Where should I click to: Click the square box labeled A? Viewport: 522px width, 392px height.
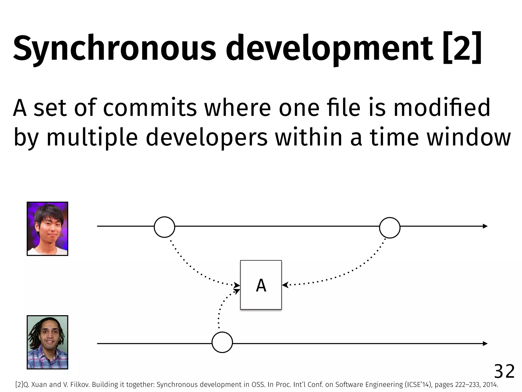tap(261, 285)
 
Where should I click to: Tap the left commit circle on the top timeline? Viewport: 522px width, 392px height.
tap(164, 227)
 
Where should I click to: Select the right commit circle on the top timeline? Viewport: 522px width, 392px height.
tap(389, 228)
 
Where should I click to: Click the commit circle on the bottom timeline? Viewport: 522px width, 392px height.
tap(222, 342)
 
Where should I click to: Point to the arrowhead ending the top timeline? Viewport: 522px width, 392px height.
tap(485, 226)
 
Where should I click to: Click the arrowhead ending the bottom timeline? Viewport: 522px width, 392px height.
tap(485, 344)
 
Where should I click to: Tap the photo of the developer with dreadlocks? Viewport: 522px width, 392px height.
tap(47, 342)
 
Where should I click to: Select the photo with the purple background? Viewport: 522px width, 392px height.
tap(47, 229)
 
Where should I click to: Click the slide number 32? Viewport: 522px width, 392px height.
tap(504, 372)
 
